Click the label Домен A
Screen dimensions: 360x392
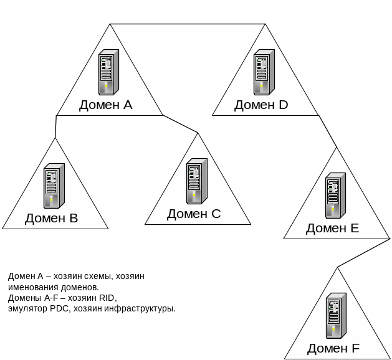[105, 105]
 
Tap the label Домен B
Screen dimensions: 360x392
[51, 218]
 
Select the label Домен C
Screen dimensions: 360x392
[194, 214]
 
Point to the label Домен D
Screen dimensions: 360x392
[261, 105]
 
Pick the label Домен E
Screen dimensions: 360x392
[332, 228]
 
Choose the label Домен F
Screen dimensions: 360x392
[333, 348]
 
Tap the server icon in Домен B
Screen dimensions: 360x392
[54, 186]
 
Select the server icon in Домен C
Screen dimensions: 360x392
[196, 181]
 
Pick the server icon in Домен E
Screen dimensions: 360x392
[335, 196]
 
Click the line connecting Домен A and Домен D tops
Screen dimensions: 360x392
[187, 24]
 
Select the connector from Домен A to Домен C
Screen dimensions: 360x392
[181, 124]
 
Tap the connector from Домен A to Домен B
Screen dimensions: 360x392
[55, 126]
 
